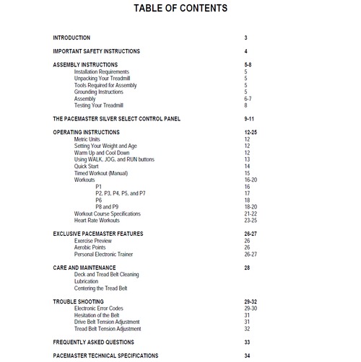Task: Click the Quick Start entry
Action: click(87, 167)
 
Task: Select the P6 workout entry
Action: click(99, 200)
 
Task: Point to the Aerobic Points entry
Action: click(92, 247)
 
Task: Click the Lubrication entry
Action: click(88, 281)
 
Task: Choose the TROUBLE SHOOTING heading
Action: click(78, 301)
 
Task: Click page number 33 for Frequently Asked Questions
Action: click(247, 342)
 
